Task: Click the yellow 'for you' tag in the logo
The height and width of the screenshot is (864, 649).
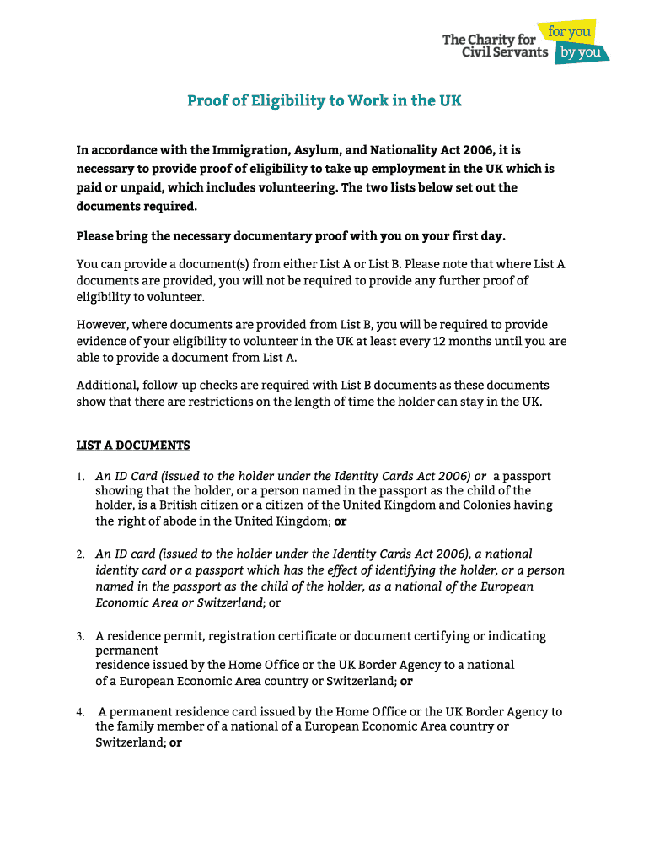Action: (571, 32)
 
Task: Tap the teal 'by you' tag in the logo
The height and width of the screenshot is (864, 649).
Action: (581, 52)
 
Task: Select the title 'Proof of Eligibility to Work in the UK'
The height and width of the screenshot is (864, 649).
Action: (324, 101)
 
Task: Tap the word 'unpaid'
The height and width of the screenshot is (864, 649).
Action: (133, 187)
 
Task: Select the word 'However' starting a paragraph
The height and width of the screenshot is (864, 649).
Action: (100, 325)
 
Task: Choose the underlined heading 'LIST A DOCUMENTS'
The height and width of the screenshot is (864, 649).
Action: (133, 445)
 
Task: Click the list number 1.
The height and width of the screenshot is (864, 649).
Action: (79, 477)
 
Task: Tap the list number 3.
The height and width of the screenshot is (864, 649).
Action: (79, 636)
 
